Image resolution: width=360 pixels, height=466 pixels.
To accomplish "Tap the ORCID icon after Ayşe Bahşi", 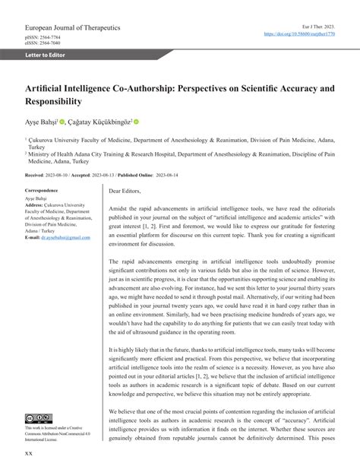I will [x=72, y=121].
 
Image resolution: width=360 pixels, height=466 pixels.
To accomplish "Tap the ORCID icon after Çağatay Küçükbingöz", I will [x=137, y=121].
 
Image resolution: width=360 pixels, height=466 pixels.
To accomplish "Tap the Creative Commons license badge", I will [x=39, y=419].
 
